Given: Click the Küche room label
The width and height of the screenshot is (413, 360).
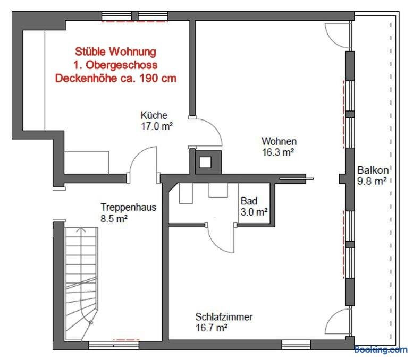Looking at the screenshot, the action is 154,115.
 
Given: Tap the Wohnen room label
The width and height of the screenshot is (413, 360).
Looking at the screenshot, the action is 279,141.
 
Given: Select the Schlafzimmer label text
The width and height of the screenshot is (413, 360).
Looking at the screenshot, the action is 224,317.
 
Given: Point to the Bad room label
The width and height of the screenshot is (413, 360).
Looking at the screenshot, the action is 249,201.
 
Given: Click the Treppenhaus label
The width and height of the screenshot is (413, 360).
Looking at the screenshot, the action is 129,207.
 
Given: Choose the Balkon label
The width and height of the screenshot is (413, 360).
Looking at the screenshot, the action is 373,170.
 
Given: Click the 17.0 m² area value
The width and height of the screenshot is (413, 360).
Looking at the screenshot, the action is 157,126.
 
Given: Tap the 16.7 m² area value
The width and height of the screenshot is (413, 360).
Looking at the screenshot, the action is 212,328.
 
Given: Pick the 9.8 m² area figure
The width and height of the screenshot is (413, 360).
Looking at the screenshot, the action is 372,181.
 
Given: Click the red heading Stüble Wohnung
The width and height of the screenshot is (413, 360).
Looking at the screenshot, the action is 115,52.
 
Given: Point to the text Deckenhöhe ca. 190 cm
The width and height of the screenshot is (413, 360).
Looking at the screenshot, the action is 116,79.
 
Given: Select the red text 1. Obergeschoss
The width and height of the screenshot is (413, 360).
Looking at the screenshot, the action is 115,65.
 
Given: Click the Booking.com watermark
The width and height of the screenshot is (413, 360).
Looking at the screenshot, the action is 381,350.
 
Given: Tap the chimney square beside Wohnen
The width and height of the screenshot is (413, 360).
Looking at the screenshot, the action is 205,162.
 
